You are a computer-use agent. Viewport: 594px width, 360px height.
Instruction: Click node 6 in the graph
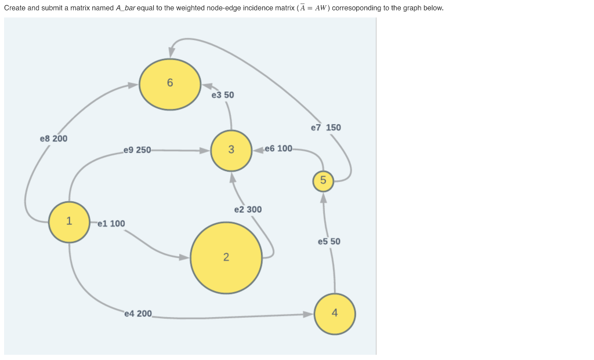coord(169,84)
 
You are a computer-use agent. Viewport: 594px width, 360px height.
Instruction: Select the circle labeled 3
coord(231,150)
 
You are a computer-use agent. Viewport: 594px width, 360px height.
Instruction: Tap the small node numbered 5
coord(323,181)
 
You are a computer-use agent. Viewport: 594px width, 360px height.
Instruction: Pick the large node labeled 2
coord(226,257)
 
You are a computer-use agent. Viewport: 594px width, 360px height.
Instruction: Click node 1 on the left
coord(69,221)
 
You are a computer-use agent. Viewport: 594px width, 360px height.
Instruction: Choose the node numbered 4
coord(335,314)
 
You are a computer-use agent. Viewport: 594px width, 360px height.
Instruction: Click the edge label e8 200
coord(53,139)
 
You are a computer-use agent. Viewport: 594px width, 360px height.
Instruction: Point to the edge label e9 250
coord(137,150)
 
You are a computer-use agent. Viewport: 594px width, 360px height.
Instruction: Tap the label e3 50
coord(223,95)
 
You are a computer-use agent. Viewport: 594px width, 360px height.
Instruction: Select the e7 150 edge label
coord(326,128)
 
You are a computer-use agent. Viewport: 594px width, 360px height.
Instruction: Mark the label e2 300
coord(248,210)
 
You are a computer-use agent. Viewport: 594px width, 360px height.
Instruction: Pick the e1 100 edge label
coord(111,224)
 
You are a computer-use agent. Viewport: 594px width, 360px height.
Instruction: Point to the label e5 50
coord(329,242)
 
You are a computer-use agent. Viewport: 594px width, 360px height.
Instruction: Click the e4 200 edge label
coord(138,314)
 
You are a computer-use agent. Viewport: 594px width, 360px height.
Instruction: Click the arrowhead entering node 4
coord(308,315)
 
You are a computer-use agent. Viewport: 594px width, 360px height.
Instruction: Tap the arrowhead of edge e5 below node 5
coord(324,198)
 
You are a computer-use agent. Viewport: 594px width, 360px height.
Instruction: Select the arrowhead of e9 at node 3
coord(205,150)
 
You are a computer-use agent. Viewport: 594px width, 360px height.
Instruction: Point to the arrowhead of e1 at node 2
coord(184,257)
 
